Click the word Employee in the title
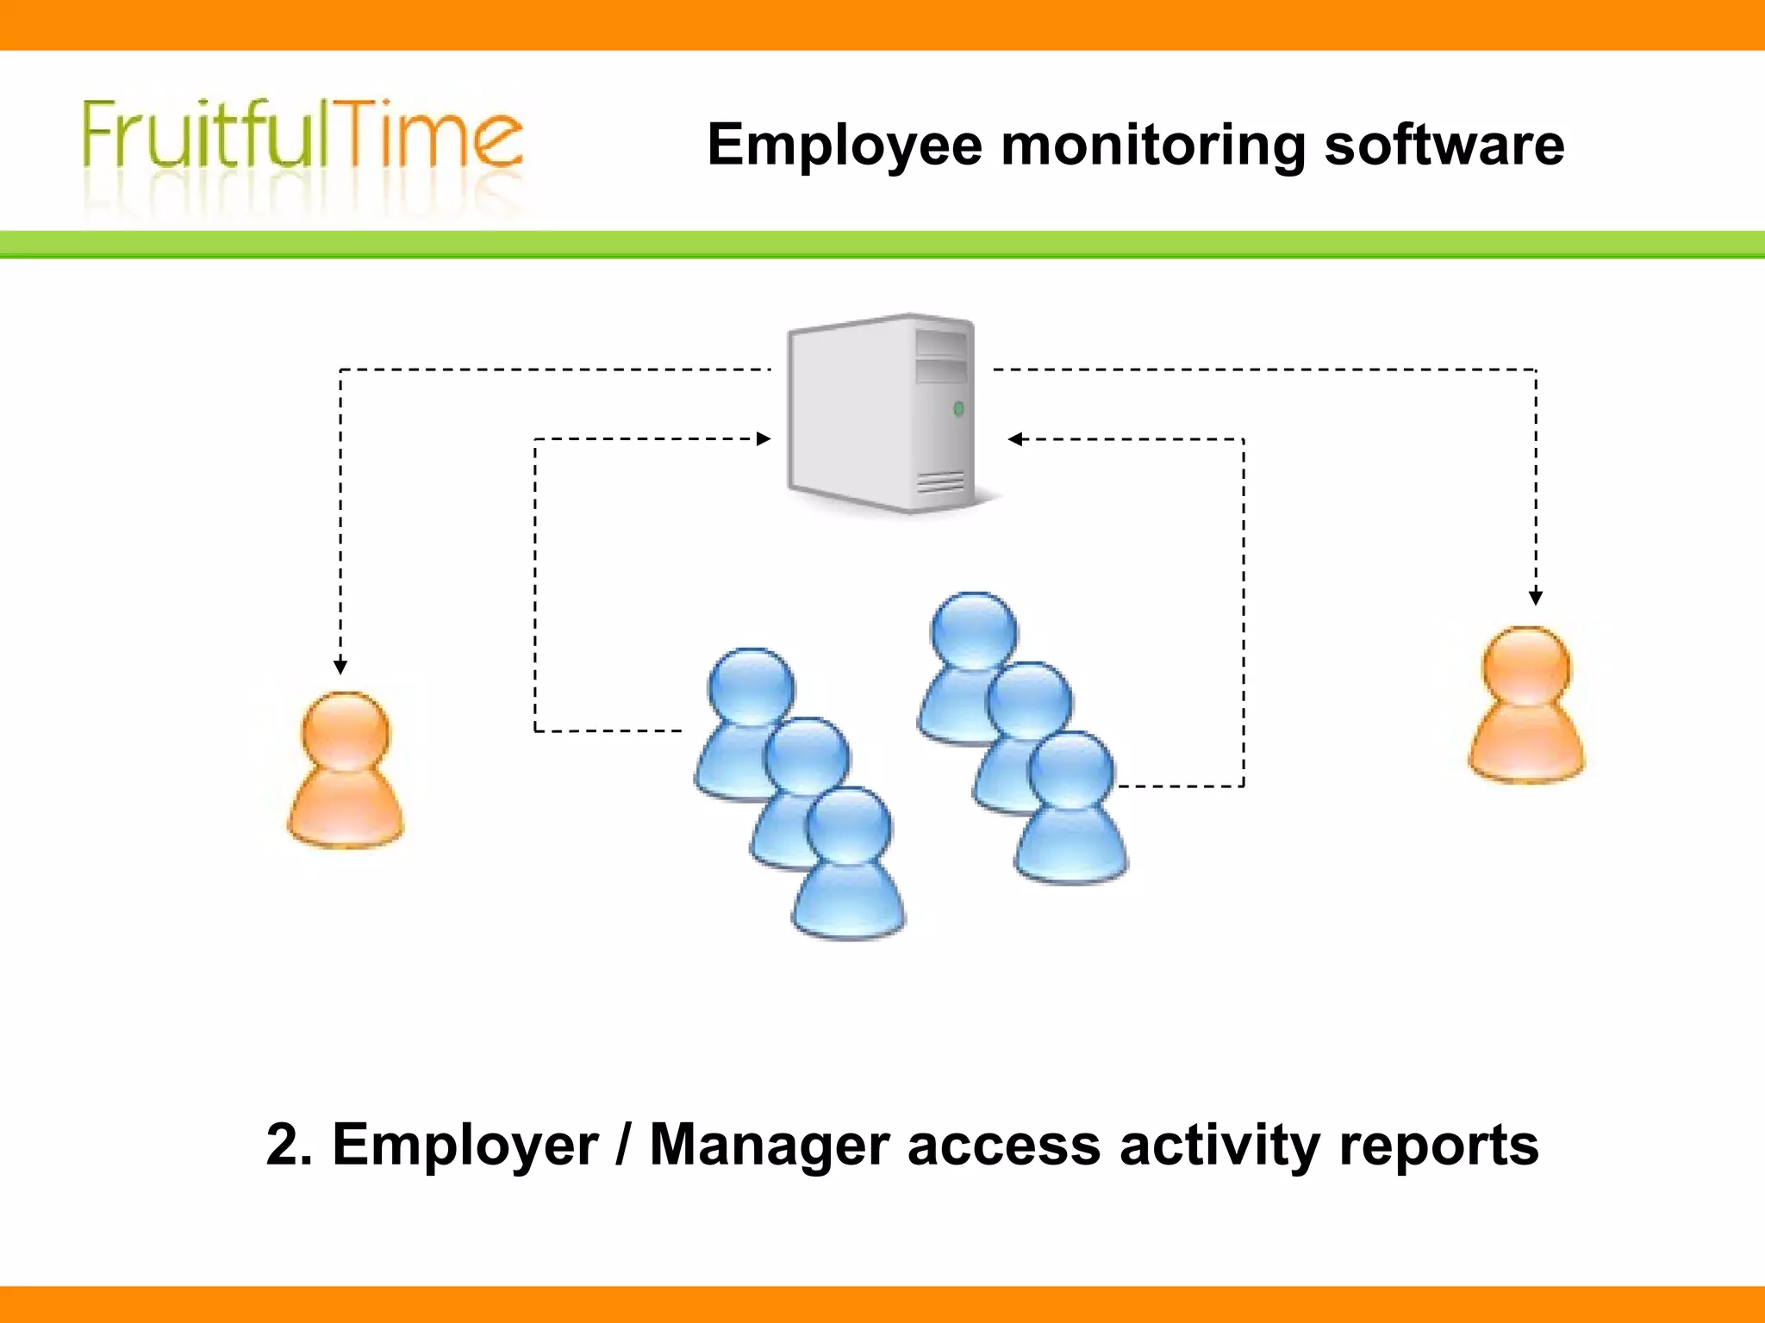(x=844, y=145)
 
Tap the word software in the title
(x=1444, y=145)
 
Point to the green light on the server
(x=958, y=409)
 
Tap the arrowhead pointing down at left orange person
(x=340, y=667)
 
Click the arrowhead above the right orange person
(x=1536, y=597)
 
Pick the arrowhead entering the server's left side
(x=764, y=439)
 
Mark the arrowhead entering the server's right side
(x=1015, y=439)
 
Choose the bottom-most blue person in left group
(x=849, y=861)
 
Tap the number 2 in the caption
(x=287, y=1145)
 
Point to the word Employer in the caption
(x=465, y=1145)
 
